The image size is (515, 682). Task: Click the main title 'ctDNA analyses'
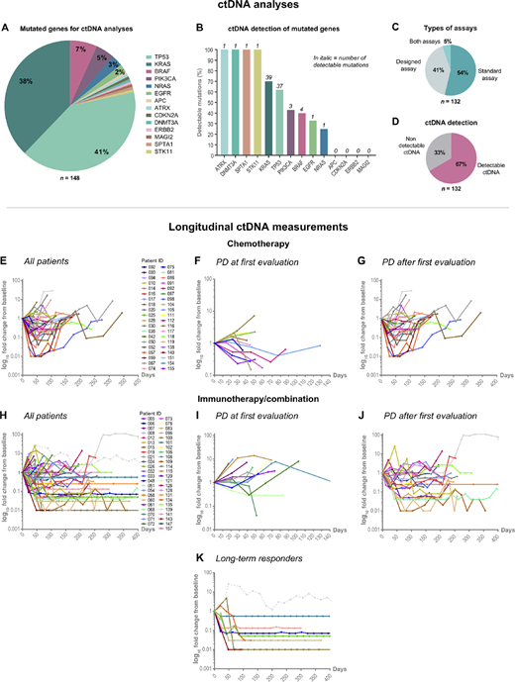[257, 8]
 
